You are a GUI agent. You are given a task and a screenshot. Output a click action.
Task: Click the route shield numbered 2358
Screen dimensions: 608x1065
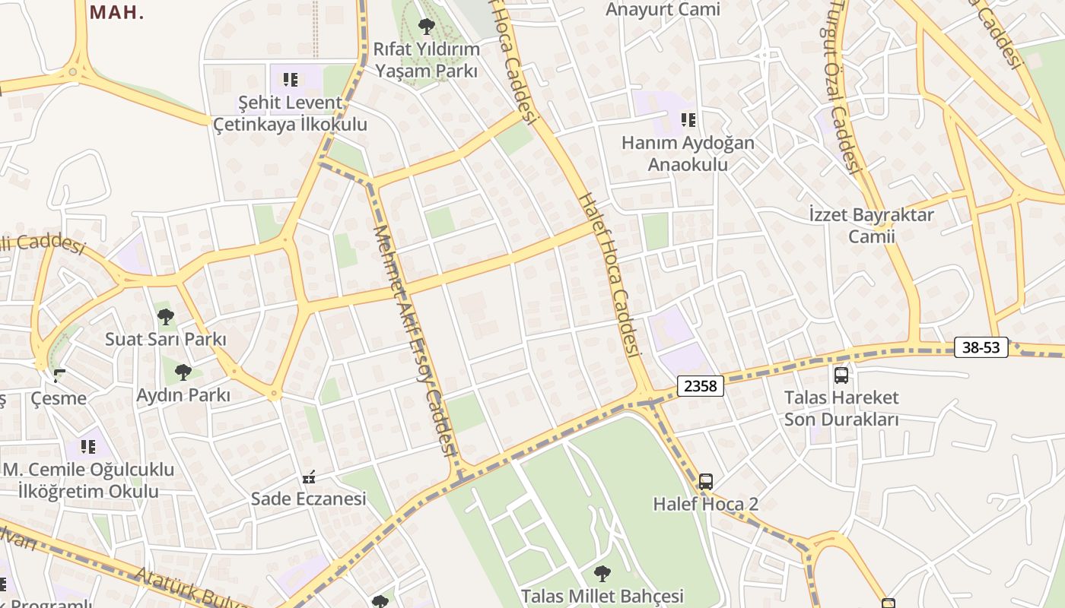[x=700, y=386]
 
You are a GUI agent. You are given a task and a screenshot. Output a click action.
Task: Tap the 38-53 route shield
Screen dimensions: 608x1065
[x=981, y=348]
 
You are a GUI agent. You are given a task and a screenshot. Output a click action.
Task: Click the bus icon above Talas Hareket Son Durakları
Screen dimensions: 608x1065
[x=841, y=375]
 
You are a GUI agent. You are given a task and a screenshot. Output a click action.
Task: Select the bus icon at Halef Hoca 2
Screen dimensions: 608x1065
[x=706, y=481]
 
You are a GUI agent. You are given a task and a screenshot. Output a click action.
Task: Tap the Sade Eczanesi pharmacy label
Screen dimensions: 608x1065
[x=308, y=499]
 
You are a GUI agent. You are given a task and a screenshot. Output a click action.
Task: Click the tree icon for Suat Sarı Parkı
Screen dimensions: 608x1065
[x=166, y=317]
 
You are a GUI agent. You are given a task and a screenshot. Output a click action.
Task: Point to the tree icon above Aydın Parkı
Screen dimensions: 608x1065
[x=183, y=372]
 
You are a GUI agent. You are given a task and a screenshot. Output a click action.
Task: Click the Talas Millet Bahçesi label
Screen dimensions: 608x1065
[x=602, y=596]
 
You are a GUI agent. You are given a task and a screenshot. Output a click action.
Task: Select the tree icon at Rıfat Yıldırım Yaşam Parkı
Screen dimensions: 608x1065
[x=426, y=27]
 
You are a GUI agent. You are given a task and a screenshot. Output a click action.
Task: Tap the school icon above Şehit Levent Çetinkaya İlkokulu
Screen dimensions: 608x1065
[x=290, y=79]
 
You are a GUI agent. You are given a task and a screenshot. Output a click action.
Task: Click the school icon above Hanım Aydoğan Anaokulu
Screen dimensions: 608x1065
[x=688, y=119]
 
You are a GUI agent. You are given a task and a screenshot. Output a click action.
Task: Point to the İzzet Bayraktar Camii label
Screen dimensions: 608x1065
[x=872, y=225]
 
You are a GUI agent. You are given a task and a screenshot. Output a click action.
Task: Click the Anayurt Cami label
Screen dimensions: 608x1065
[x=663, y=9]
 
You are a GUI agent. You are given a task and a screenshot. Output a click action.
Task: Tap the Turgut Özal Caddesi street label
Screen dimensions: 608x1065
[x=844, y=91]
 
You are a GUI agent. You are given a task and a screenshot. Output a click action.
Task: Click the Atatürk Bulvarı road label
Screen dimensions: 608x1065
[x=190, y=589]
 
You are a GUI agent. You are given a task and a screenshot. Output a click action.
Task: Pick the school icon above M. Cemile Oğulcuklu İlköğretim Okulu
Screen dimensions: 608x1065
[x=88, y=447]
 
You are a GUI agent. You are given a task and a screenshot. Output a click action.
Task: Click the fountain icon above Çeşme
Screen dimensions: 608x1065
[x=59, y=375]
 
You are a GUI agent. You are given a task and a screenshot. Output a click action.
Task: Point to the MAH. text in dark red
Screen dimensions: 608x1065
[x=116, y=11]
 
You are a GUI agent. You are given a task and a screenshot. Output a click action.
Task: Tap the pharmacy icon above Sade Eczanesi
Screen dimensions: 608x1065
[x=308, y=477]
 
